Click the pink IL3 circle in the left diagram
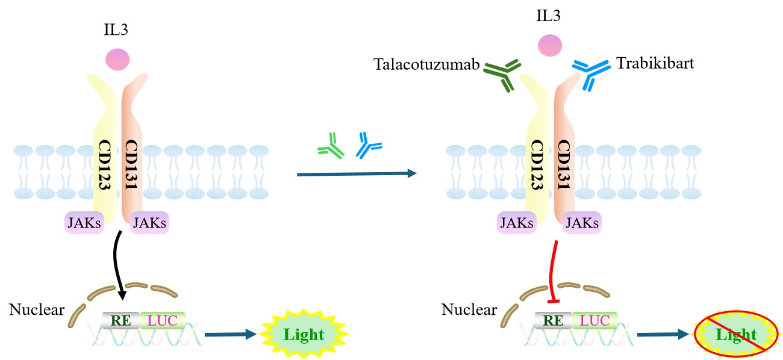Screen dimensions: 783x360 click(x=117, y=60)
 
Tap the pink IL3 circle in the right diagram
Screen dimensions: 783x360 click(x=550, y=45)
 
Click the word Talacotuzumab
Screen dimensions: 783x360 click(x=426, y=64)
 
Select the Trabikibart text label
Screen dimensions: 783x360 click(x=655, y=63)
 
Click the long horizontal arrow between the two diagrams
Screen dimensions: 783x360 click(x=357, y=173)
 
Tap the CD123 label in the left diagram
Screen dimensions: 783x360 click(x=105, y=164)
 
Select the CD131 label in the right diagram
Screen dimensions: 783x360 click(x=564, y=164)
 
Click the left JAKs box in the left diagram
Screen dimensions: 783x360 click(x=84, y=223)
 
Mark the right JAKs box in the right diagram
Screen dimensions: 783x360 click(x=582, y=223)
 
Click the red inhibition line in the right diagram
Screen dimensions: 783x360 click(x=552, y=271)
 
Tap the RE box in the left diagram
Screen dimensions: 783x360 click(x=121, y=320)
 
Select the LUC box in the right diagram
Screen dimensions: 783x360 click(x=594, y=320)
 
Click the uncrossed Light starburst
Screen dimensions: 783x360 click(x=304, y=334)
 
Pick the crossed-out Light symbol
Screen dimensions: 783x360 click(x=736, y=334)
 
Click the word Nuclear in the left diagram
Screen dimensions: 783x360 click(x=37, y=309)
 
